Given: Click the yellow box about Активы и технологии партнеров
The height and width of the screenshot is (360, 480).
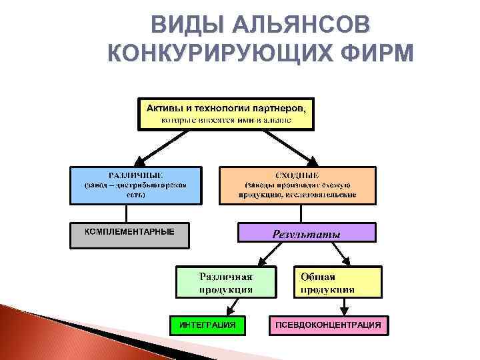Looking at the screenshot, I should pyautogui.click(x=225, y=113).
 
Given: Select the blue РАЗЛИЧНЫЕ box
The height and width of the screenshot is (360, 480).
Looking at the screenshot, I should pyautogui.click(x=135, y=185).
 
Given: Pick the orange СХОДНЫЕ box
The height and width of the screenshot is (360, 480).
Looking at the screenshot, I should pyautogui.click(x=297, y=185).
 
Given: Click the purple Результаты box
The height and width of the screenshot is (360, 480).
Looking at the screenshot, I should pyautogui.click(x=307, y=233).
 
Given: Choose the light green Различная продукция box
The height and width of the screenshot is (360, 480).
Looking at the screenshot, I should pyautogui.click(x=225, y=282).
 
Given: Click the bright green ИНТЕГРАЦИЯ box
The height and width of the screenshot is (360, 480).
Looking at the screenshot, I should pyautogui.click(x=207, y=325).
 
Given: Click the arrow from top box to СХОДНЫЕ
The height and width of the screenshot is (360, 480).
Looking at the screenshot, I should pyautogui.click(x=287, y=147).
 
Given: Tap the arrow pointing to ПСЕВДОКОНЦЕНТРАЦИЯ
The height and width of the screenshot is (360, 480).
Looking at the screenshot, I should pyautogui.click(x=345, y=306).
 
